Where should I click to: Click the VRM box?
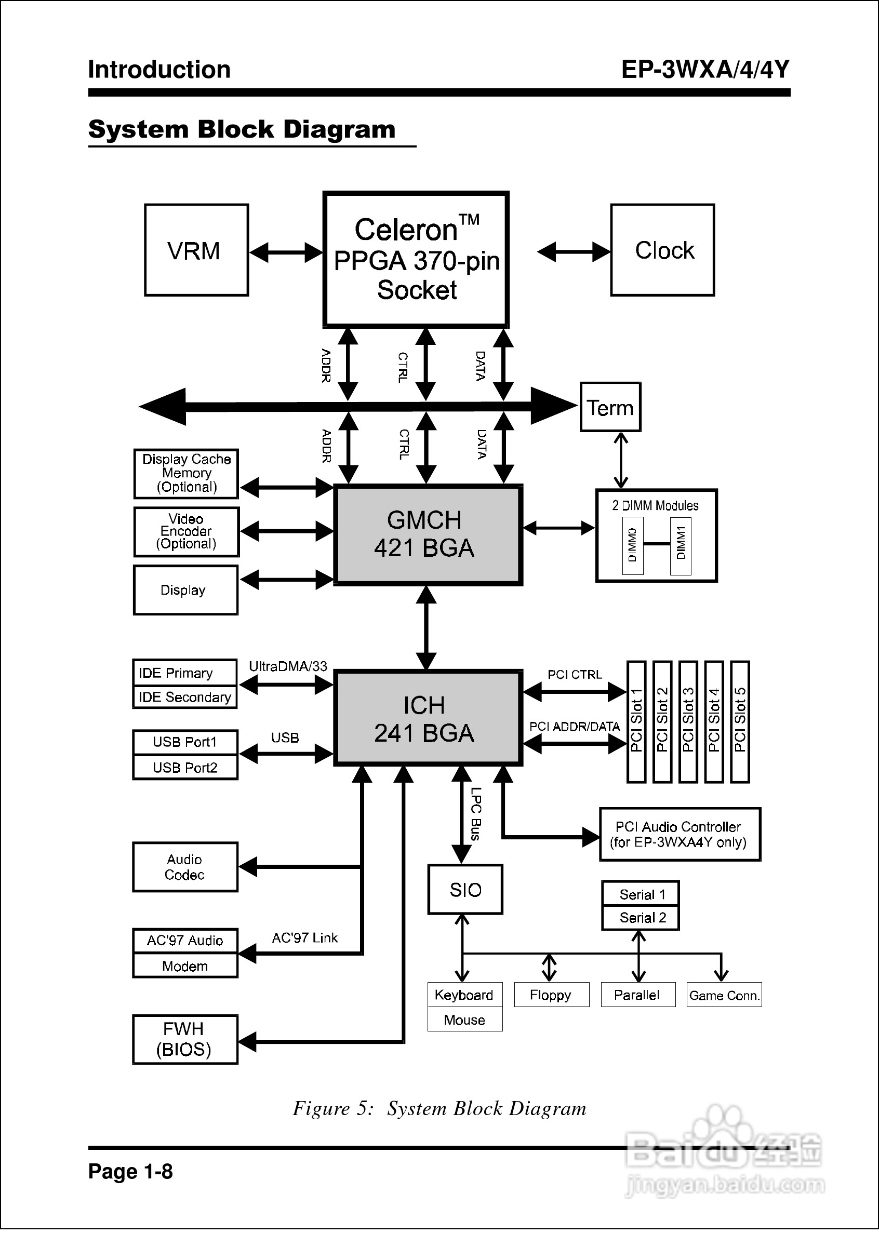(x=196, y=250)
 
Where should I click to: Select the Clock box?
(x=662, y=250)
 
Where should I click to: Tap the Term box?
(x=610, y=407)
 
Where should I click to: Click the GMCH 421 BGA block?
(x=428, y=534)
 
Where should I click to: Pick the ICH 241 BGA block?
(x=428, y=718)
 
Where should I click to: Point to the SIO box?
(x=465, y=889)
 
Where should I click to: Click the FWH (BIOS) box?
(x=185, y=1039)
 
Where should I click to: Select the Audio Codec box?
(x=185, y=867)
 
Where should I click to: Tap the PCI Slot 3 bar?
(x=687, y=721)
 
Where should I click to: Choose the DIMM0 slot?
(x=633, y=545)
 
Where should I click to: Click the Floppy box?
(x=551, y=995)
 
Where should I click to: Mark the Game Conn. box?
(x=724, y=995)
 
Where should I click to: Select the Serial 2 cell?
(x=641, y=918)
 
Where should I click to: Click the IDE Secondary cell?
(x=184, y=697)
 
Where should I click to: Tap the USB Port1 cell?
(x=184, y=742)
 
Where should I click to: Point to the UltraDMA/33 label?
(x=288, y=666)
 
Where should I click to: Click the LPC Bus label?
(x=476, y=814)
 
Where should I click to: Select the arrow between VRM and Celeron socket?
(x=286, y=252)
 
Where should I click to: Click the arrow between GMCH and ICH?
(x=427, y=627)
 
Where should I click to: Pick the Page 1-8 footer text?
(x=130, y=1171)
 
